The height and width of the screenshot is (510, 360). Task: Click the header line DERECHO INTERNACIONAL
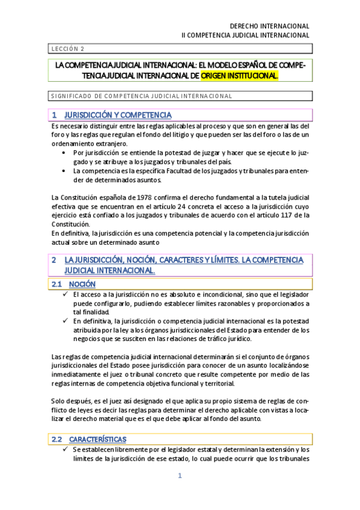(x=270, y=26)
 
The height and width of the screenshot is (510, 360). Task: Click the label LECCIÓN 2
(x=67, y=49)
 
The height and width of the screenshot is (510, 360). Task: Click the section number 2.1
(x=57, y=284)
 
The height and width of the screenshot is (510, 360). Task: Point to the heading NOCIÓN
(x=82, y=284)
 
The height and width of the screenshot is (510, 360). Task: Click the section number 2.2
(x=57, y=440)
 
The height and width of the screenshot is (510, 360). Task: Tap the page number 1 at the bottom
(x=179, y=476)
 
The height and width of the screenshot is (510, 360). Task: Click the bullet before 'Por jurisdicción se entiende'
(x=64, y=153)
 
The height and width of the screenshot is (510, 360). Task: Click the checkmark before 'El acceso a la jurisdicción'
(x=64, y=295)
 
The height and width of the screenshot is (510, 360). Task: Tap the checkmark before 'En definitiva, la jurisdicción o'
(x=64, y=321)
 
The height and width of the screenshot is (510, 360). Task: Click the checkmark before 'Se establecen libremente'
(x=64, y=450)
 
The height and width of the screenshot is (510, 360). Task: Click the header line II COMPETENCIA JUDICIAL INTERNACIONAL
(x=245, y=35)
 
